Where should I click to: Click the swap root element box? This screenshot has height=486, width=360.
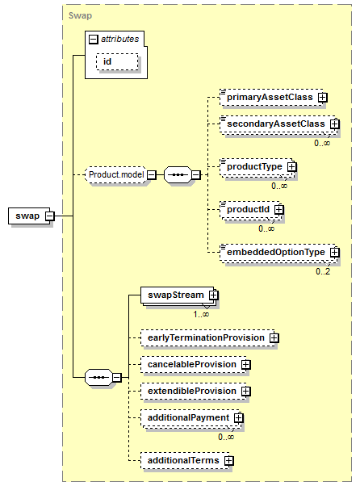[x=29, y=216]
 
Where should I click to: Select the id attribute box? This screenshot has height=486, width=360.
[x=117, y=61]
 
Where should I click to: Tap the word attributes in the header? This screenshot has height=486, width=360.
[x=120, y=39]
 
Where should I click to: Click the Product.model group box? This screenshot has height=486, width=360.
[x=116, y=175]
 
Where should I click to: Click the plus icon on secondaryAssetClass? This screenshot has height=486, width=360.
[x=335, y=124]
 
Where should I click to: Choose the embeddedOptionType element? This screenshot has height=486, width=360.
[x=278, y=253]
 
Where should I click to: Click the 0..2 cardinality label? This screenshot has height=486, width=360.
[x=323, y=271]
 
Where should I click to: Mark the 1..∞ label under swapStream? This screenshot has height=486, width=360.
[x=201, y=314]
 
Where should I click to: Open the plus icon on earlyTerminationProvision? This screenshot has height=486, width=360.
[x=274, y=337]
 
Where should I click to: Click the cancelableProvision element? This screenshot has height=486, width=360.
[x=194, y=365]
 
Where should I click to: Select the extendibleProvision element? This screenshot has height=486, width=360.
[x=194, y=392]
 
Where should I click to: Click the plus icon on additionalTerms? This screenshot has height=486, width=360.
[x=229, y=461]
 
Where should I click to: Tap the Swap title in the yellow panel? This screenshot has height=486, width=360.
[x=80, y=15]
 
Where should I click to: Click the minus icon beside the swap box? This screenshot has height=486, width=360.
[x=50, y=216]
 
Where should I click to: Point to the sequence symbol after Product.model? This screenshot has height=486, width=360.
[x=178, y=175]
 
